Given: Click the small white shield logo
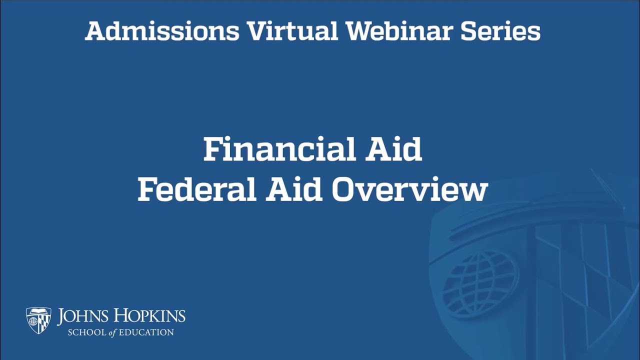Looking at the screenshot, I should point(38,320).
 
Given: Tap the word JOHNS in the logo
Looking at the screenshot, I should point(81,316).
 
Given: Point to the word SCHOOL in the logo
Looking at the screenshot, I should point(87,332).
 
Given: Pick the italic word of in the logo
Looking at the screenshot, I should point(113,332).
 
